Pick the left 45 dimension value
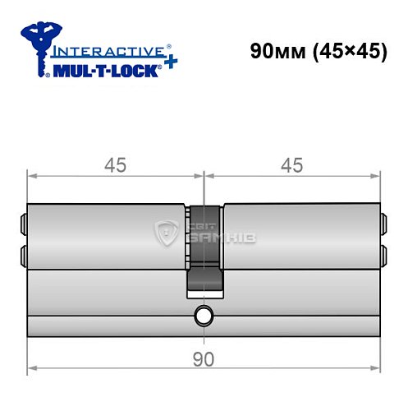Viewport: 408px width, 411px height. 116,164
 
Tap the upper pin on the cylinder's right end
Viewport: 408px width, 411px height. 384,221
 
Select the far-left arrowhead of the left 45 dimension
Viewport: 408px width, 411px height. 32,174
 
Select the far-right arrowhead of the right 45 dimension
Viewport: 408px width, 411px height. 377,174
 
